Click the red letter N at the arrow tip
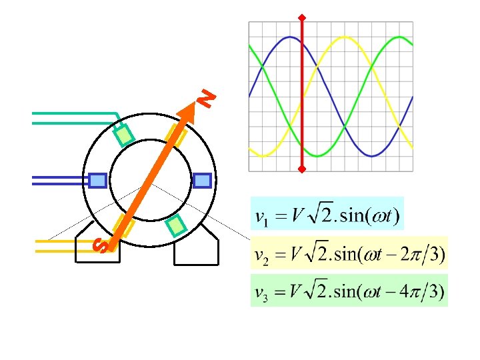pos(208,98)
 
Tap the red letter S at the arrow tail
pos(100,245)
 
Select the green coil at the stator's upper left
pos(125,135)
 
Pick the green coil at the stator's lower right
pos(175,227)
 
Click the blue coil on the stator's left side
pos(98,180)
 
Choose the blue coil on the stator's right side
pos(202,180)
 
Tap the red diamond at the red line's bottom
pos(302,170)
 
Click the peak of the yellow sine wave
pos(345,37)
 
